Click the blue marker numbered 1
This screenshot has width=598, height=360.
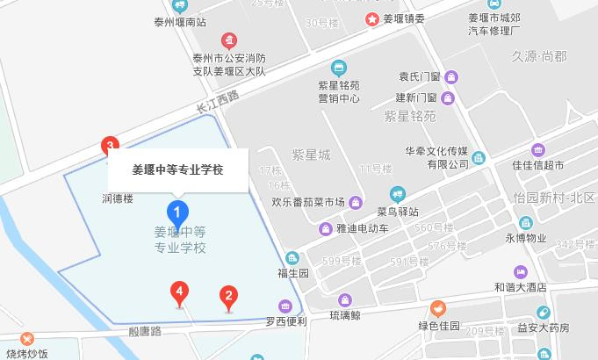177,212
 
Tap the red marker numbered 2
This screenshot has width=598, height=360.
228,297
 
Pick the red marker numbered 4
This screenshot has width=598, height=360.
179,292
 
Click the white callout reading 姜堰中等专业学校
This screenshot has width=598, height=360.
177,170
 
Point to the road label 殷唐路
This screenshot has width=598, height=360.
145,331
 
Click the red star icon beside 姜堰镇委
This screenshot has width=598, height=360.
372,18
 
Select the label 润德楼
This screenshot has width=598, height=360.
117,198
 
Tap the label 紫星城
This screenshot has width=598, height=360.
312,155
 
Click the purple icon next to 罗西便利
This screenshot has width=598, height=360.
285,306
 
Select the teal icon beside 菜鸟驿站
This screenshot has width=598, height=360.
398,194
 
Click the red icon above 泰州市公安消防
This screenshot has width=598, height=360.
228,40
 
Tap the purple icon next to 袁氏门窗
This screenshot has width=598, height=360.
450,76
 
